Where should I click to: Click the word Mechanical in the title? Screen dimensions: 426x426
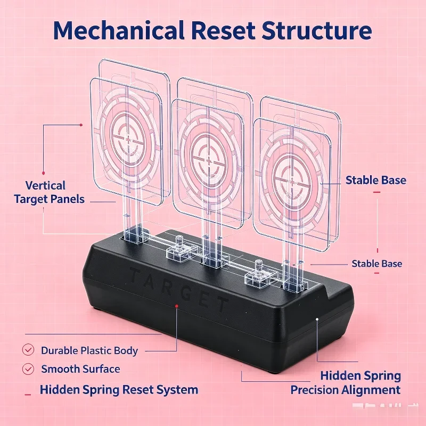pos(119,30)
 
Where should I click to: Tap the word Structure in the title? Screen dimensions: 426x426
pos(316,30)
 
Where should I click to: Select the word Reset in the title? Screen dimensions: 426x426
pos(223,30)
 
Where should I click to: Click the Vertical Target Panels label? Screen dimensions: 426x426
pos(49,192)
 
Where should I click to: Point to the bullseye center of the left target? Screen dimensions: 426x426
pos(128,138)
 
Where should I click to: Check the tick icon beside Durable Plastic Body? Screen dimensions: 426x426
pos(28,350)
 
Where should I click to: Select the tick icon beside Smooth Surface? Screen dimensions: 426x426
pos(28,369)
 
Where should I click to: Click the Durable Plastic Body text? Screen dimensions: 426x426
pos(89,350)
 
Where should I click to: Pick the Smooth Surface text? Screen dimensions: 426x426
pos(81,369)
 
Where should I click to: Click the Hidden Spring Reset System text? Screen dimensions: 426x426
pos(119,390)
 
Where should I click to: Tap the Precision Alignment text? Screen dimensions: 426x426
pos(346,390)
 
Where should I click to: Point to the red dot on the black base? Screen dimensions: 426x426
pos(177,306)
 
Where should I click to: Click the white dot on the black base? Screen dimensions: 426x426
pos(317,319)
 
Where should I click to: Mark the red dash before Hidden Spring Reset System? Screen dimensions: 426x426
pos(28,395)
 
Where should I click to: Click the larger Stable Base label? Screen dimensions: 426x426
pos(376,180)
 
